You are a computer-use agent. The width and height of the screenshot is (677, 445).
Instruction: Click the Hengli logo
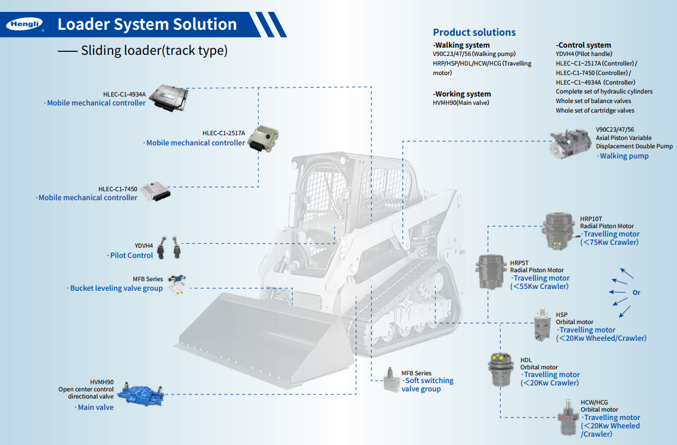24,25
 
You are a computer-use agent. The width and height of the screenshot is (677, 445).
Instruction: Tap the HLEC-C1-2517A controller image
263,139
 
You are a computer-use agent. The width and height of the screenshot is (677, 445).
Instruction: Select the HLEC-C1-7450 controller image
155,193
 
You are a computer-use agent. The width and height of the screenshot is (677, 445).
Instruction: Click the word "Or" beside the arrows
637,292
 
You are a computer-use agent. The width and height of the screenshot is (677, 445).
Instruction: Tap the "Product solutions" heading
474,32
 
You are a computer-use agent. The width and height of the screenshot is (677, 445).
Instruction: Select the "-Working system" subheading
462,94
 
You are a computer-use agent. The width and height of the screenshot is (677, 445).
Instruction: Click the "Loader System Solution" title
147,24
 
